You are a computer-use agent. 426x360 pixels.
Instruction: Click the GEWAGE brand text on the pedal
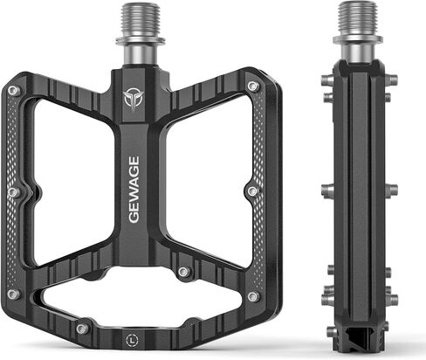tap(134, 190)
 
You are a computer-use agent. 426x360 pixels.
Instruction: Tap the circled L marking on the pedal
tap(133, 340)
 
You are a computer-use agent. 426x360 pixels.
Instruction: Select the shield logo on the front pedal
tap(133, 100)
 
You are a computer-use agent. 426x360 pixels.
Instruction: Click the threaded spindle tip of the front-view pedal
tap(140, 20)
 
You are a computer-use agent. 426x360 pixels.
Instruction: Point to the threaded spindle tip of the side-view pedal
tap(358, 18)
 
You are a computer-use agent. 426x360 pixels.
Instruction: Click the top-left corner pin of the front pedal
tap(13, 91)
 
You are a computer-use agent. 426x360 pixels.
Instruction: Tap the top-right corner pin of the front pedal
tap(252, 86)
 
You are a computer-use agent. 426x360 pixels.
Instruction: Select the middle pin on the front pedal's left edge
tap(13, 192)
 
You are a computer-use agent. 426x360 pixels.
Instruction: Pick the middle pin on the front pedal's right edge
tap(253, 191)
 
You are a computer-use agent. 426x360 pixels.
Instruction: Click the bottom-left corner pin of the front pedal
tap(13, 294)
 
